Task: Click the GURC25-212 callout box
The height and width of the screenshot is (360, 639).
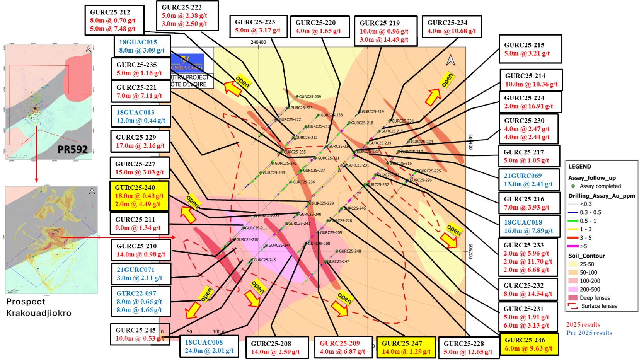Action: [x=114, y=20]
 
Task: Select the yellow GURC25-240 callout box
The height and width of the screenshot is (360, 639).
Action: [x=139, y=196]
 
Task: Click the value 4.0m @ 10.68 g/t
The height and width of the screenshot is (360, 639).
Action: [x=452, y=31]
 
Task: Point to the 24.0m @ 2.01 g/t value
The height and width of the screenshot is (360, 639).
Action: [x=209, y=350]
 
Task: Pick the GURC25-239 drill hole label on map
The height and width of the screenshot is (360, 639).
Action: [x=310, y=97]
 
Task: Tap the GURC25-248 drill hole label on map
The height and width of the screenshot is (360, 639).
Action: [x=349, y=251]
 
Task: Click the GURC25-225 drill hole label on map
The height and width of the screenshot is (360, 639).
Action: [x=430, y=171]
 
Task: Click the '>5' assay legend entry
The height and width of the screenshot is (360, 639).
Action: [x=583, y=246]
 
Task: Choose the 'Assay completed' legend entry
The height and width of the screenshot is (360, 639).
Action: [x=600, y=186]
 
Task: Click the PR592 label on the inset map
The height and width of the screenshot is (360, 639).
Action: [x=73, y=149]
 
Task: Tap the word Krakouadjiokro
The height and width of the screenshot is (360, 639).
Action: [x=39, y=313]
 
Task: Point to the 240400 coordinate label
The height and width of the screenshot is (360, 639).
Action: [x=258, y=42]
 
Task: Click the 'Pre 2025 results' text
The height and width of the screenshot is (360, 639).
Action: [x=589, y=333]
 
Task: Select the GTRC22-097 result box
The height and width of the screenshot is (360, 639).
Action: [x=140, y=301]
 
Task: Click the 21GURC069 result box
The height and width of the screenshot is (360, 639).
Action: [x=528, y=180]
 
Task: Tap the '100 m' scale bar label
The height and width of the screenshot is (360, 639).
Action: [x=220, y=331]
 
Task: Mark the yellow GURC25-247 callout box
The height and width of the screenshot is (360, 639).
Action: [x=406, y=347]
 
